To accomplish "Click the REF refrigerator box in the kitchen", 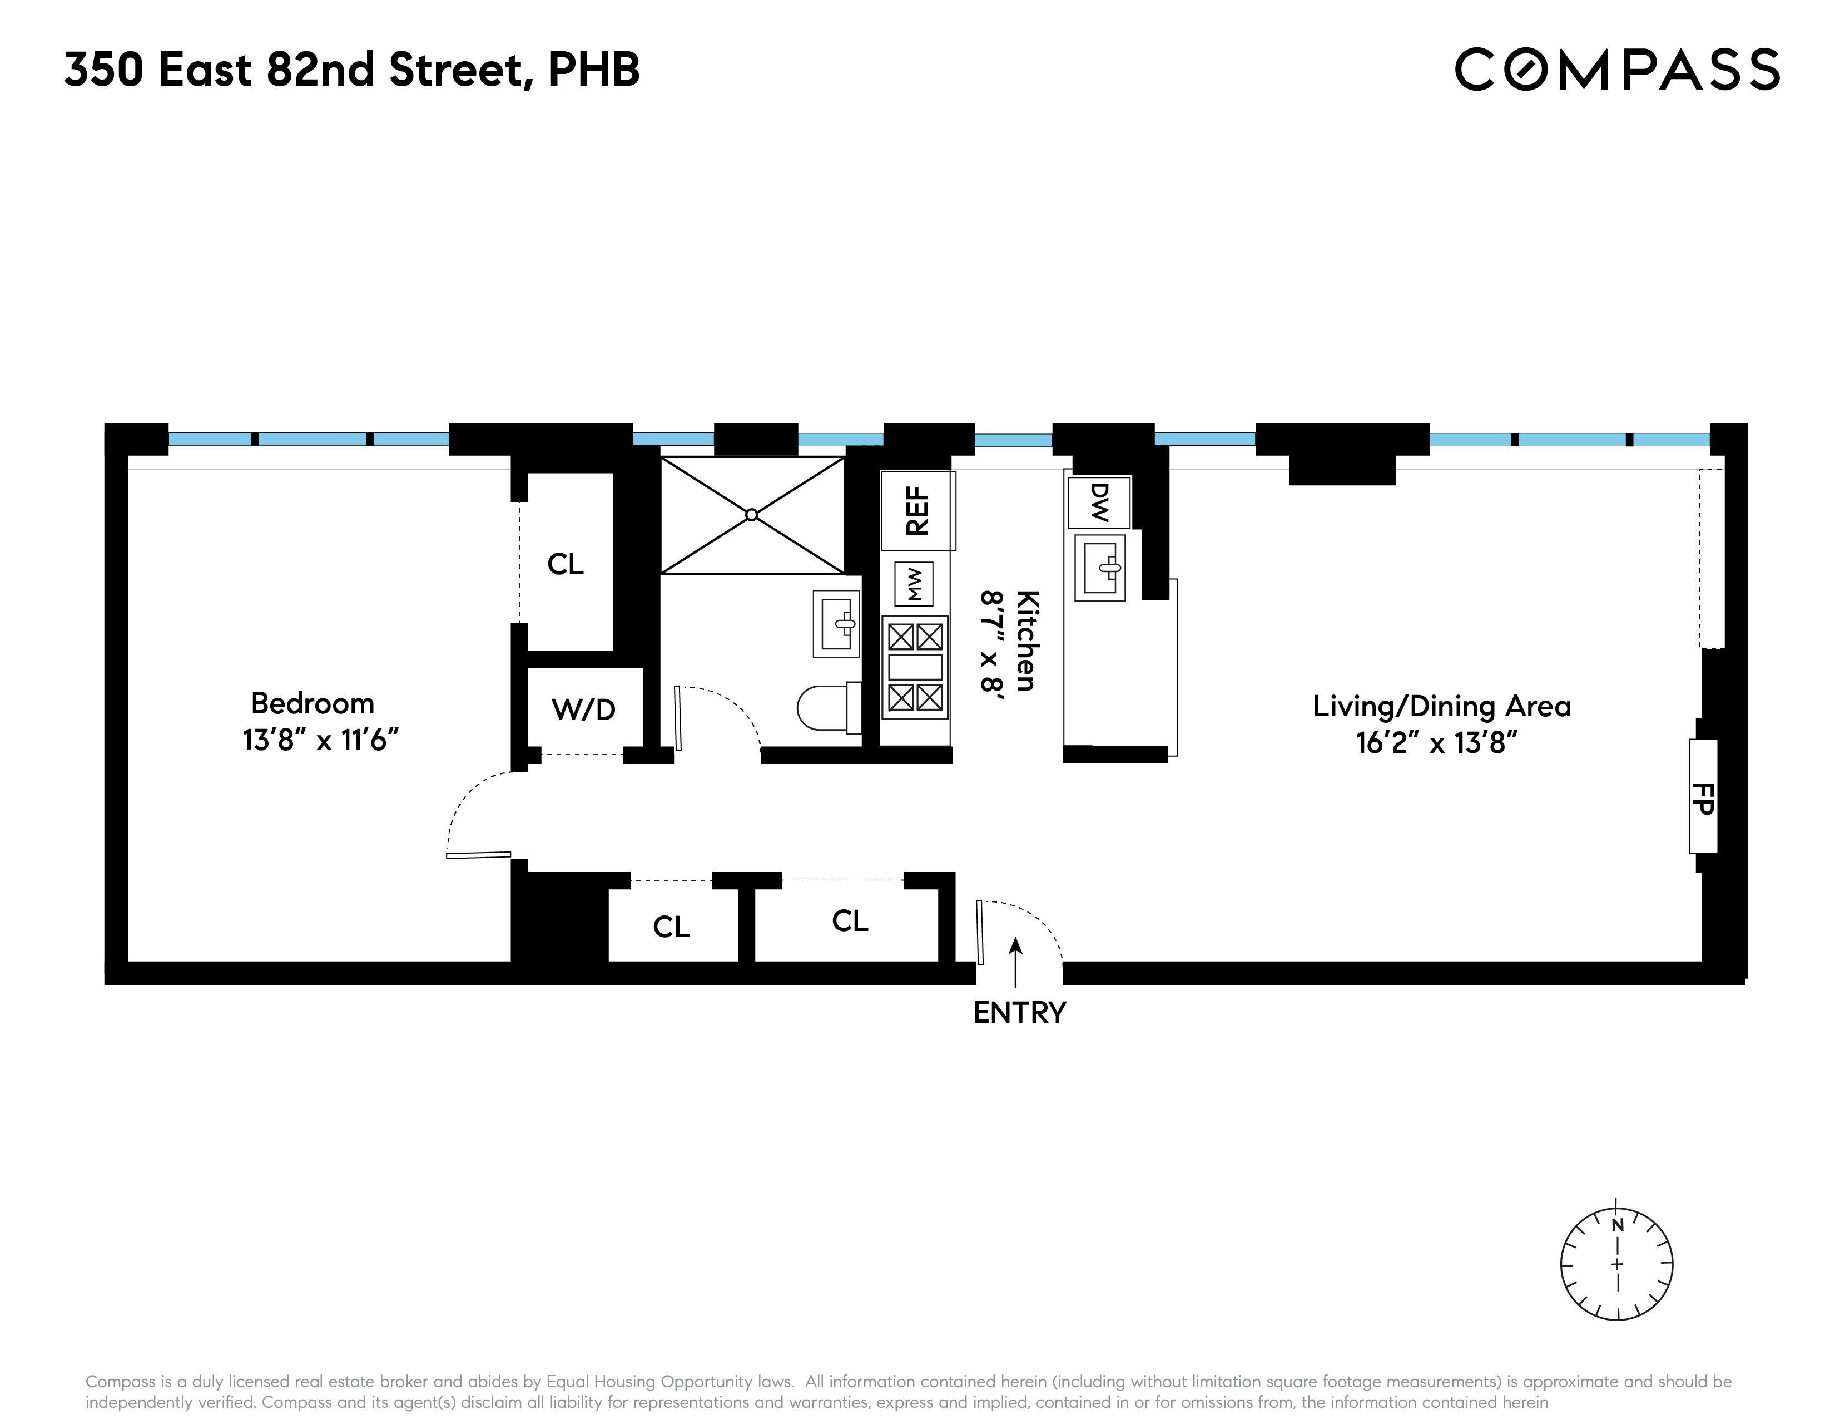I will (917, 510).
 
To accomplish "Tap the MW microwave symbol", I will (914, 583).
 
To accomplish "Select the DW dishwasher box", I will (1099, 502).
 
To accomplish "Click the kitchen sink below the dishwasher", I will (1100, 568).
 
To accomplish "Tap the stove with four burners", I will (915, 667).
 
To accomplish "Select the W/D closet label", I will (584, 709).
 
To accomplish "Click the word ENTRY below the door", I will (1019, 1013).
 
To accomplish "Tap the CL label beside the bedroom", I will (566, 564).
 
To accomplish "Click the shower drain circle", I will (752, 515).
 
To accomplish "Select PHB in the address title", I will (594, 69).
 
